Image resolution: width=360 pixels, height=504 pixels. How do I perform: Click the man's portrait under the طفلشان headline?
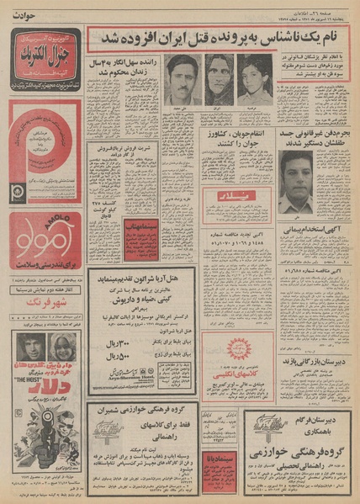[x=296, y=180]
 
